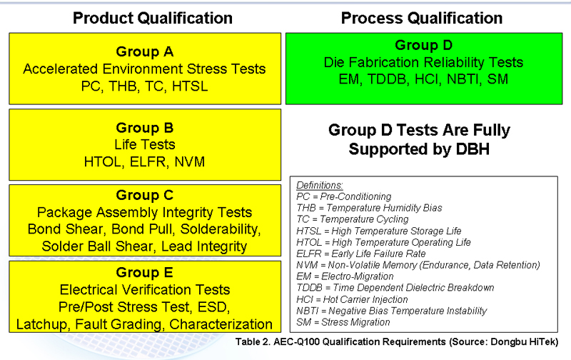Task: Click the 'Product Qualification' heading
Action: [153, 18]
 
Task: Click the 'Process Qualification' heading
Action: [422, 18]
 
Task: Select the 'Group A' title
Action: [145, 51]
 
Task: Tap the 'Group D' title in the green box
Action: [423, 45]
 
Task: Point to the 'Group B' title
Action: [145, 128]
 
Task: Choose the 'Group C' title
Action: [145, 195]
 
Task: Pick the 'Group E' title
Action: [145, 273]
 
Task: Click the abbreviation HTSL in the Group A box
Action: [190, 86]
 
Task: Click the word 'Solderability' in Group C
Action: [221, 229]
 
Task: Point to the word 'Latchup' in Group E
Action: [42, 324]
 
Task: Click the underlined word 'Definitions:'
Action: [320, 185]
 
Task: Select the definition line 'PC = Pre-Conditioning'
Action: [344, 196]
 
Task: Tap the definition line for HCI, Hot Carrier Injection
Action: [352, 299]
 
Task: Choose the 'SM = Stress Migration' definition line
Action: [343, 322]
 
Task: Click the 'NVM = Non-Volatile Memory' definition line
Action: [418, 265]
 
